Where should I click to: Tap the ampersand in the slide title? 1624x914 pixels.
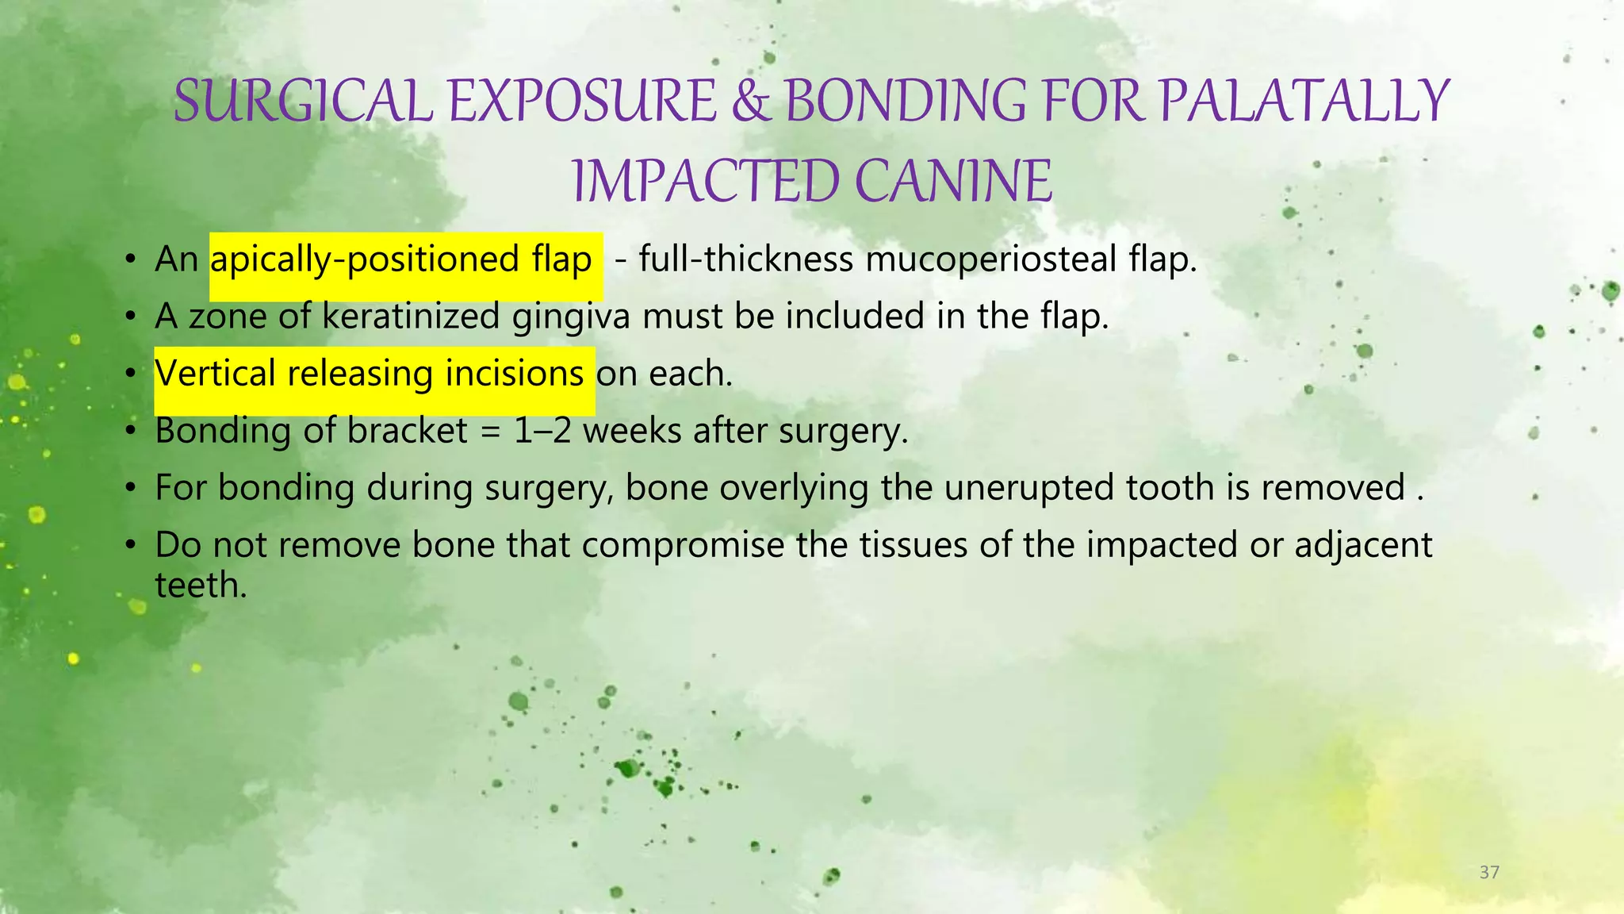750,102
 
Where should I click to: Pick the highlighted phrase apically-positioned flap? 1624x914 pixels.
401,259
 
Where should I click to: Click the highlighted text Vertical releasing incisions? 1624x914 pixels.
370,373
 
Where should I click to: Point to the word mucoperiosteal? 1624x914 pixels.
990,259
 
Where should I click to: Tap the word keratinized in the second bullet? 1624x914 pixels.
411,316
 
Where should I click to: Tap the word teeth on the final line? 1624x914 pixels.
201,585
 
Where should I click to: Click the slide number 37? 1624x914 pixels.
1489,873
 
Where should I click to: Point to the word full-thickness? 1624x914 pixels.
745,259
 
